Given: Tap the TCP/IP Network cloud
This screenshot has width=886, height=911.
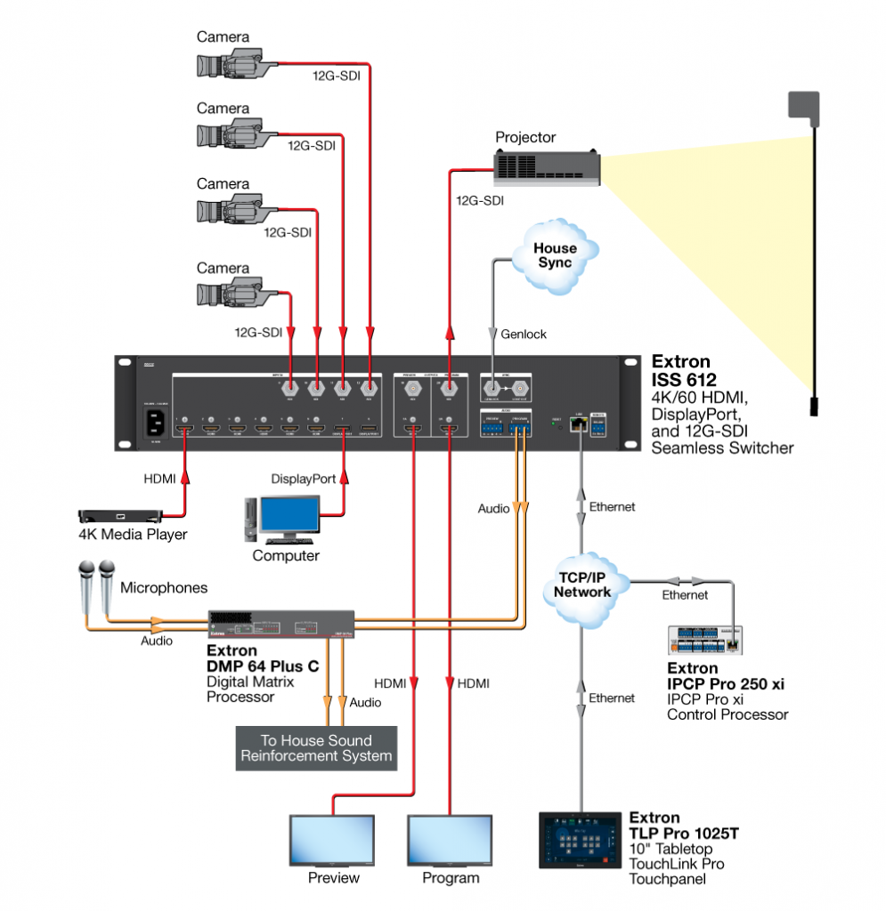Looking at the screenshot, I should pos(582,584).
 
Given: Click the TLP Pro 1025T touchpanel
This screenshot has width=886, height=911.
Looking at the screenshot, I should pos(580,839).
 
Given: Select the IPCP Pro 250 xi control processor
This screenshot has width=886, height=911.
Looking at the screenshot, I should pos(705,640).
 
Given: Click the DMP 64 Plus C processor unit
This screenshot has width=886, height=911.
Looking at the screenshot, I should pos(282,623).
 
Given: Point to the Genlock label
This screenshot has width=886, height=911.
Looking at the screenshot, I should pos(524,334).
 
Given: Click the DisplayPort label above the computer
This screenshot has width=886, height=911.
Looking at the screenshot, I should pos(304,479).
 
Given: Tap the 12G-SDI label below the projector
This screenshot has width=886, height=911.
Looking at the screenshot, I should pos(479,201).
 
